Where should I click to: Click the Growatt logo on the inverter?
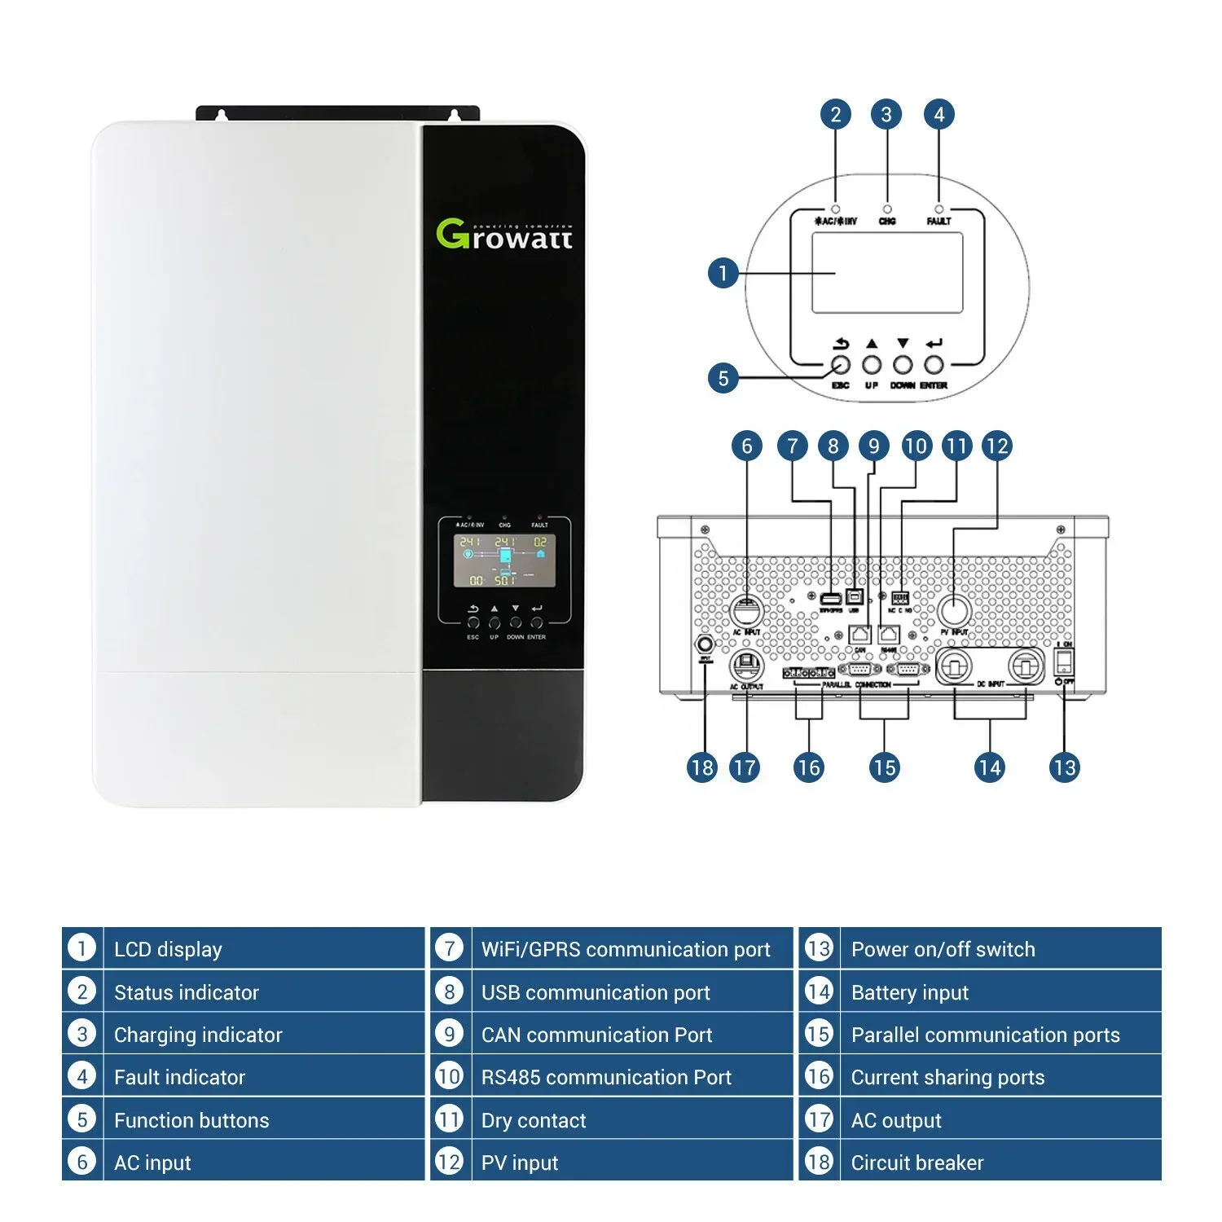click(504, 234)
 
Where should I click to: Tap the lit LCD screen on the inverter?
click(504, 560)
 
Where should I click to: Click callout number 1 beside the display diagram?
click(723, 273)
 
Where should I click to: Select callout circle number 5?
click(723, 378)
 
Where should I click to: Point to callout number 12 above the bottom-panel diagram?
click(996, 446)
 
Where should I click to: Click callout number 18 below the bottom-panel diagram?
click(701, 767)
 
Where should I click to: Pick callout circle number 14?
click(989, 767)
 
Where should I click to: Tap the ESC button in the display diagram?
click(840, 365)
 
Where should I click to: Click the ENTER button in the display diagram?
click(934, 365)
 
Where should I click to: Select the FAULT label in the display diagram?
click(938, 221)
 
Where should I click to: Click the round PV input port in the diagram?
click(953, 609)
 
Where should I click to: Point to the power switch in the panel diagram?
click(1064, 660)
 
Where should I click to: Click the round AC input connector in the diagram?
click(745, 609)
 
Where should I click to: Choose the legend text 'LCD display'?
click(168, 949)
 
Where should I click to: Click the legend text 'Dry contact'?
click(534, 1120)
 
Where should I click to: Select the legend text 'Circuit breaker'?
click(917, 1163)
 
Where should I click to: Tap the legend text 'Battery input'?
click(910, 992)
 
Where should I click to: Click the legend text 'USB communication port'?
click(596, 992)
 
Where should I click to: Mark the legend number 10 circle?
click(449, 1076)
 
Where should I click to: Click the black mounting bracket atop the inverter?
click(337, 113)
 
